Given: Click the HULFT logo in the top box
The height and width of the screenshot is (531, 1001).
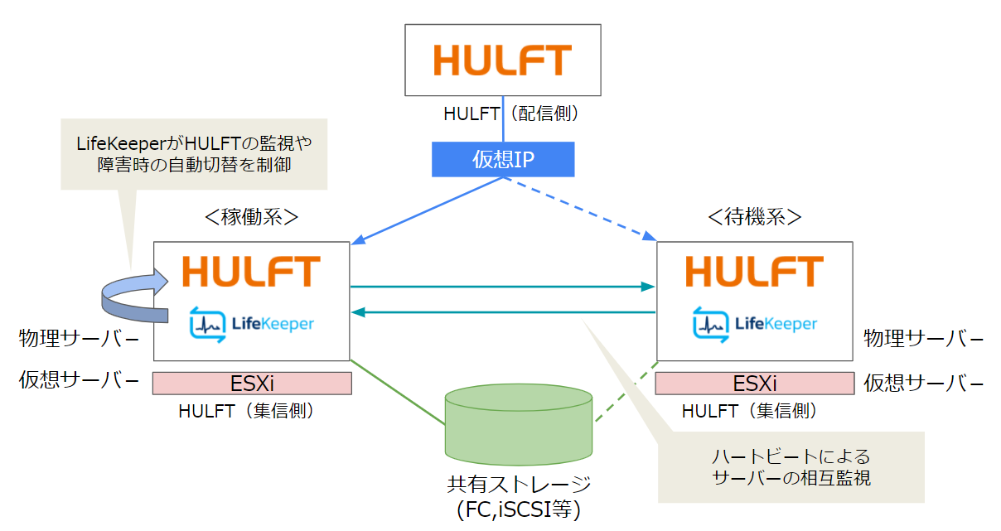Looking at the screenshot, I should pyautogui.click(x=503, y=60).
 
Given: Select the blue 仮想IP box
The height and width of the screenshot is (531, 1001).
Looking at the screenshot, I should pyautogui.click(x=503, y=159).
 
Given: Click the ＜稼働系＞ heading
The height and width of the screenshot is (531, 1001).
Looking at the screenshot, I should pyautogui.click(x=251, y=217).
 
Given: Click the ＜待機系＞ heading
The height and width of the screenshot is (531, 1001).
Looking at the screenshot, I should pyautogui.click(x=754, y=217).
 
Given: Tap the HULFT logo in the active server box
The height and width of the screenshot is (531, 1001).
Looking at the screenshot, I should pyautogui.click(x=251, y=272).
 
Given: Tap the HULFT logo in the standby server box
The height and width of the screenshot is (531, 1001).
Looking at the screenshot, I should pyautogui.click(x=754, y=272).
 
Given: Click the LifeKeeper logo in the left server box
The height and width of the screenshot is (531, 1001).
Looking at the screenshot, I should pyautogui.click(x=251, y=323).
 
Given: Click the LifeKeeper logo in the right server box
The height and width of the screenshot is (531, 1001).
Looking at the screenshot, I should pyautogui.click(x=754, y=323).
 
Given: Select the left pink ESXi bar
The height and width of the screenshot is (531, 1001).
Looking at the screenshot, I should pyautogui.click(x=252, y=384).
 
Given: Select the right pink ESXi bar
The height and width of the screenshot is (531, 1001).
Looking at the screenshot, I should pyautogui.click(x=755, y=384).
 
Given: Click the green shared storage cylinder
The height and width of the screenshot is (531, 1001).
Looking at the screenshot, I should pyautogui.click(x=519, y=422).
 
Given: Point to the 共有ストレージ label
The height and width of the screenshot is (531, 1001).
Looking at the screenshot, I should pyautogui.click(x=519, y=484).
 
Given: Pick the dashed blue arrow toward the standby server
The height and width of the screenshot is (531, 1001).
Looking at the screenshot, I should pyautogui.click(x=580, y=208).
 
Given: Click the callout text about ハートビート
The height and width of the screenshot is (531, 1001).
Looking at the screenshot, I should pyautogui.click(x=791, y=467).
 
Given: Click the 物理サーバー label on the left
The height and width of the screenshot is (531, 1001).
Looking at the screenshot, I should pyautogui.click(x=79, y=339).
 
